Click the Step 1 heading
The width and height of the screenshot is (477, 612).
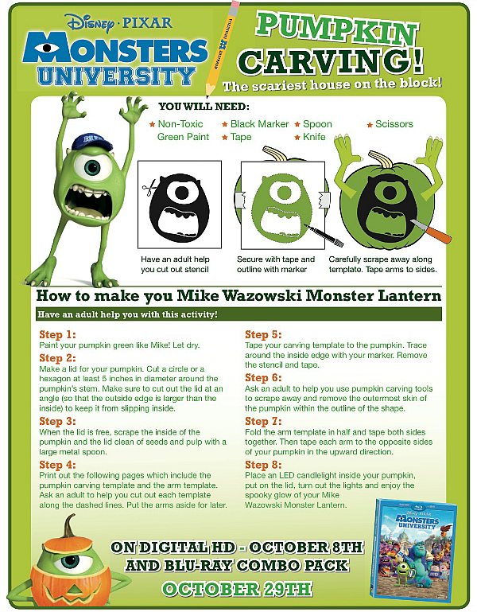click(x=57, y=334)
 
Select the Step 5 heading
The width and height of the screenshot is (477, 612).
click(x=263, y=334)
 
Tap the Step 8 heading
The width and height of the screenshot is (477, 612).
click(x=263, y=465)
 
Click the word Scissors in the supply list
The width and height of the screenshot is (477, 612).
click(x=394, y=124)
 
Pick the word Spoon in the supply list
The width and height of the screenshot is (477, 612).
click(x=317, y=124)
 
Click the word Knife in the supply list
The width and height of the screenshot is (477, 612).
click(x=314, y=137)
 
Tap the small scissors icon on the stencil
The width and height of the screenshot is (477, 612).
click(x=149, y=187)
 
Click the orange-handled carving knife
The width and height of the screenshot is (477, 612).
click(x=431, y=230)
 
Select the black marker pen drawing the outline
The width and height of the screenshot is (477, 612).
click(x=324, y=235)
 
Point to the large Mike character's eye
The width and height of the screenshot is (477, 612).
click(x=93, y=166)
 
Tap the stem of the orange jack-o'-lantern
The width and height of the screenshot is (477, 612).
click(x=70, y=526)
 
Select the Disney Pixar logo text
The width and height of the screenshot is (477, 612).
click(x=119, y=23)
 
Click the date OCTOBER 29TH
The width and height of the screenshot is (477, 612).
click(x=237, y=589)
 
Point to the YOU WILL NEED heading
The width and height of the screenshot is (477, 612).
click(x=204, y=107)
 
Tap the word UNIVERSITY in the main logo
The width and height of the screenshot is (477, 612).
click(x=116, y=76)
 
